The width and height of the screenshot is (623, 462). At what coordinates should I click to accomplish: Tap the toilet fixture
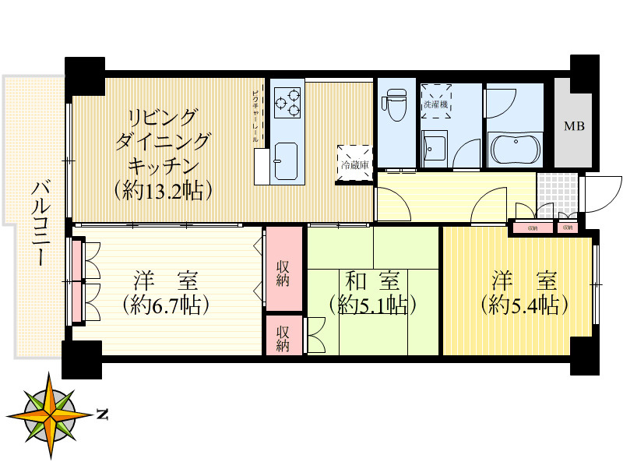395,104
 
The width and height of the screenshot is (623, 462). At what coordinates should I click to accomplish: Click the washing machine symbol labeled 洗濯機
436,101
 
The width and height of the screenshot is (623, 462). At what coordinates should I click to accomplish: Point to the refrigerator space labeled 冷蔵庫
354,164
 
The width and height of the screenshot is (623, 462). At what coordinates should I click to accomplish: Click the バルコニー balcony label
40,223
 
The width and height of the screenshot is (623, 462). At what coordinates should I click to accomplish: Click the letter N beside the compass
101,414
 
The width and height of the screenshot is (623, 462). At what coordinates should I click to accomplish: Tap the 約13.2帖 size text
163,189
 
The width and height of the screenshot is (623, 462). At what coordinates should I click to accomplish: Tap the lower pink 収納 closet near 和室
283,336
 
